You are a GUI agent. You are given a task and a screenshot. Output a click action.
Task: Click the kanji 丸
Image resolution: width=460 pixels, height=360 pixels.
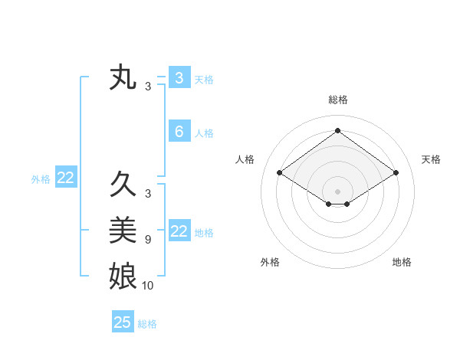click(x=123, y=77)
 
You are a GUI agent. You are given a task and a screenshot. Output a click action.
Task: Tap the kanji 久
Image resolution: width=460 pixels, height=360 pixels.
click(x=123, y=184)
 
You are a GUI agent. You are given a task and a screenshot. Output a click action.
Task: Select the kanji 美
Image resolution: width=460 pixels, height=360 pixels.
click(x=123, y=230)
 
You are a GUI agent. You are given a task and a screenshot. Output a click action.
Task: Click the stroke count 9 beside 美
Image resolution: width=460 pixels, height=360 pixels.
click(x=148, y=240)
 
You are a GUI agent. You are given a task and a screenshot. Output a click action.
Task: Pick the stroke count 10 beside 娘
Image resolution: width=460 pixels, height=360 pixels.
click(x=148, y=286)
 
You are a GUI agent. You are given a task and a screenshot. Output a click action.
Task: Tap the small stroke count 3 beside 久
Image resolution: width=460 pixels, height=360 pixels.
click(x=148, y=193)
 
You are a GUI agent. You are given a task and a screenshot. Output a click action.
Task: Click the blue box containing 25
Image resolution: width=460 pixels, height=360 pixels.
click(x=123, y=322)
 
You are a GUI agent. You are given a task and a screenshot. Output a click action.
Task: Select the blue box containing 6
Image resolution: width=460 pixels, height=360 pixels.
click(x=179, y=132)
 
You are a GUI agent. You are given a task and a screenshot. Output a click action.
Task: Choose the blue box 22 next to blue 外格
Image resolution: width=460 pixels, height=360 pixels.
click(x=65, y=178)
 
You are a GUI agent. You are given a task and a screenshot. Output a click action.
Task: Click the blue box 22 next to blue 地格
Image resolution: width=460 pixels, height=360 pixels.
click(x=179, y=231)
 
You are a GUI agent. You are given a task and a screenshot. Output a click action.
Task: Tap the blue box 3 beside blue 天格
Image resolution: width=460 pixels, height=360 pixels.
click(x=179, y=77)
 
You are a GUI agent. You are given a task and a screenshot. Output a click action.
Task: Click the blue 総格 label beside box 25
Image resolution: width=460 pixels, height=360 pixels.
click(x=147, y=324)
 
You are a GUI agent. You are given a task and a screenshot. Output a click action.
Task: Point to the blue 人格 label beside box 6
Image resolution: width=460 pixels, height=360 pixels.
click(x=204, y=133)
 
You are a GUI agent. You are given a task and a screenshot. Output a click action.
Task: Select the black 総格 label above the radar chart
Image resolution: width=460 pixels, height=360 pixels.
click(x=337, y=100)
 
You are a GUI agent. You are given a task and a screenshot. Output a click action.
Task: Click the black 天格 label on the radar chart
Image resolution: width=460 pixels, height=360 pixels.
click(x=431, y=159)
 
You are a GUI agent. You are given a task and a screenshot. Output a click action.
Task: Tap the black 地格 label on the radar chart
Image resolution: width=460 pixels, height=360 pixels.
click(x=402, y=262)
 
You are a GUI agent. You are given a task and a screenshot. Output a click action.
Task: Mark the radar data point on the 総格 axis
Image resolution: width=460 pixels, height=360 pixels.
click(x=337, y=131)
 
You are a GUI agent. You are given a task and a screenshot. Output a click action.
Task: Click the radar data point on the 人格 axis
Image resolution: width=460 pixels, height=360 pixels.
click(x=279, y=173)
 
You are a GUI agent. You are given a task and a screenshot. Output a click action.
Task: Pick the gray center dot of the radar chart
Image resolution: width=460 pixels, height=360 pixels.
click(x=337, y=191)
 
